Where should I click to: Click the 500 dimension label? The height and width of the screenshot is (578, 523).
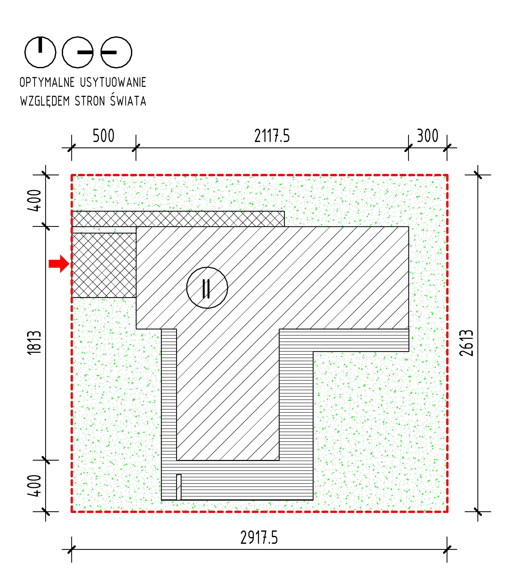[103, 136]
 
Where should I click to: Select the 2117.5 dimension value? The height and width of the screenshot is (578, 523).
[272, 136]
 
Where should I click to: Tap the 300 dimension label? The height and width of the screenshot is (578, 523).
[427, 136]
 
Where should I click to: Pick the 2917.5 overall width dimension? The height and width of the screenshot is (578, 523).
[259, 538]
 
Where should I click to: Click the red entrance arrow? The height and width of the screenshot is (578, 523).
[59, 263]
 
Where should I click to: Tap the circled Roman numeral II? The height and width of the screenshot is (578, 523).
[207, 288]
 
